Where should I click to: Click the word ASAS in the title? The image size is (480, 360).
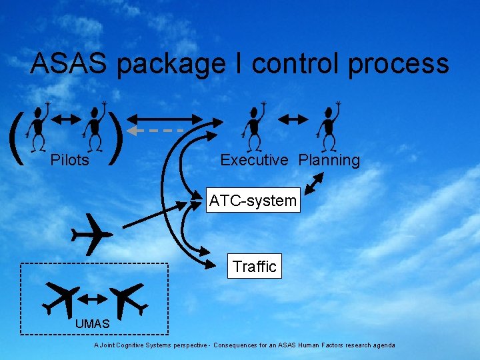coord(69,64)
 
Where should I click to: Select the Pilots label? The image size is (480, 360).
coord(70,160)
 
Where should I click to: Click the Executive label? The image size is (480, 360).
coord(254,160)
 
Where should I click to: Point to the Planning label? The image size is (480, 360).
coord(329,160)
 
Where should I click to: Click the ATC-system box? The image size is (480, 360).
coord(253,201)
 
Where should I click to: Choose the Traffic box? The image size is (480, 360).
coord(254,267)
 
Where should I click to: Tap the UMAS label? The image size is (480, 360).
coord(92,324)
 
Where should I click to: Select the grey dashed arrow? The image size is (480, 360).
coord(156,130)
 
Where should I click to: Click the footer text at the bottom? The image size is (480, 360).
coord(244,345)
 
